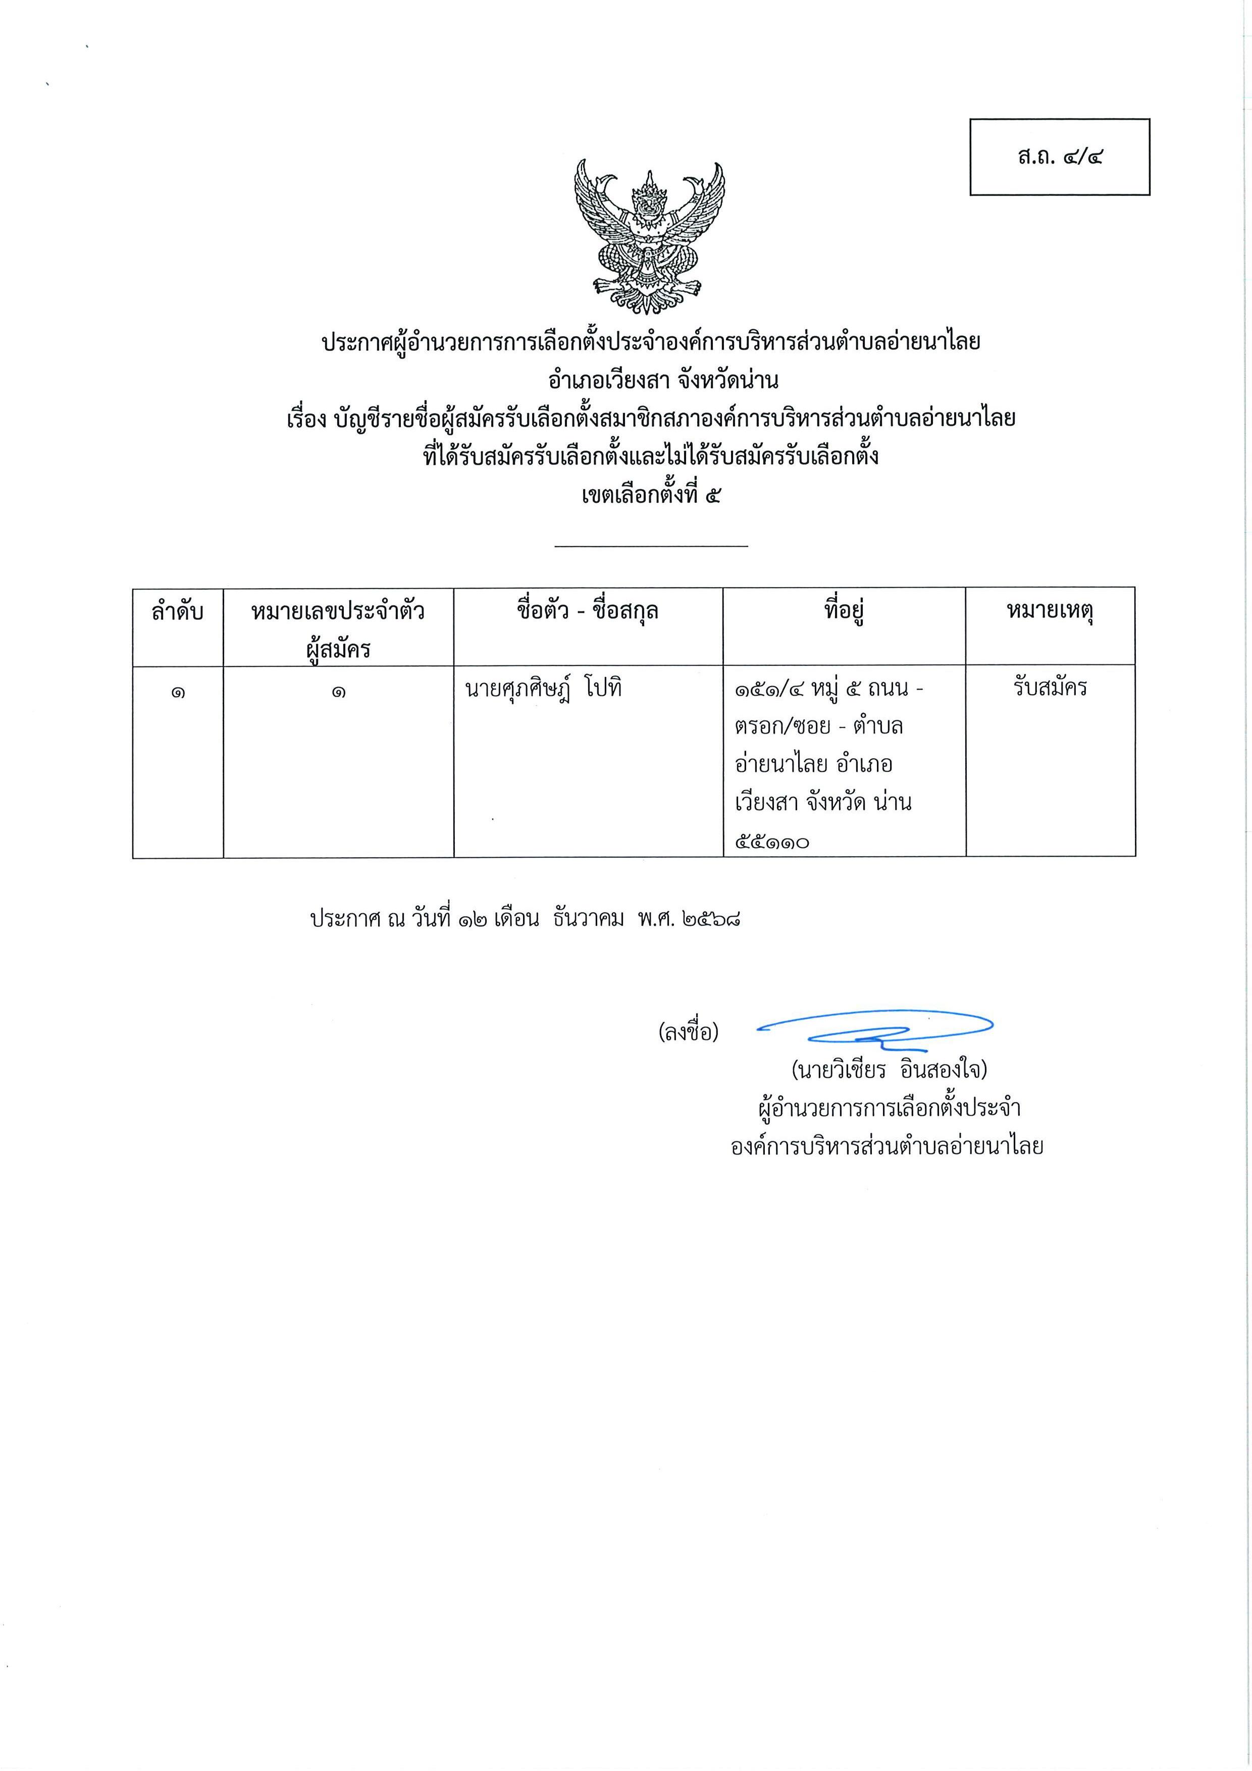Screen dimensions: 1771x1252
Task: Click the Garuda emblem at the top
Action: click(650, 236)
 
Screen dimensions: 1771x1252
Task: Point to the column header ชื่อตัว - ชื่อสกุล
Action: click(587, 612)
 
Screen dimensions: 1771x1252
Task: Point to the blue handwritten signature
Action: click(875, 1027)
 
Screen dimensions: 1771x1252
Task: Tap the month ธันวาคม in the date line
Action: click(588, 919)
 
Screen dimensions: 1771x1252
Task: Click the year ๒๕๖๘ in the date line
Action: click(711, 919)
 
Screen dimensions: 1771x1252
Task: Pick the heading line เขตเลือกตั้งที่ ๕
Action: click(650, 494)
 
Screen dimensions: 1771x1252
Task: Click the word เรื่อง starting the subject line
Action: click(308, 419)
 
